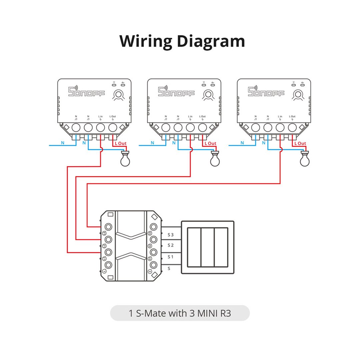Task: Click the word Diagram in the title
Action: (x=211, y=42)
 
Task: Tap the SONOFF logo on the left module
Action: (x=86, y=92)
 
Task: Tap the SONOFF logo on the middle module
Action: (x=176, y=92)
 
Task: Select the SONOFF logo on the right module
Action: (x=266, y=92)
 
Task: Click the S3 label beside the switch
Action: (x=171, y=235)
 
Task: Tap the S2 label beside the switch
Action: (x=171, y=245)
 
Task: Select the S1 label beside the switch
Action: (x=171, y=257)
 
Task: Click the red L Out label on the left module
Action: (x=121, y=143)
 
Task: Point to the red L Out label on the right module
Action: (x=300, y=143)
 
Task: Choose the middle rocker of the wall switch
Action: (x=207, y=247)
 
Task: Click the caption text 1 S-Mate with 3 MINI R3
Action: (x=180, y=313)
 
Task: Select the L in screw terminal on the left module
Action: (x=100, y=127)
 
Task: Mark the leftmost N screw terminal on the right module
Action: (x=255, y=127)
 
